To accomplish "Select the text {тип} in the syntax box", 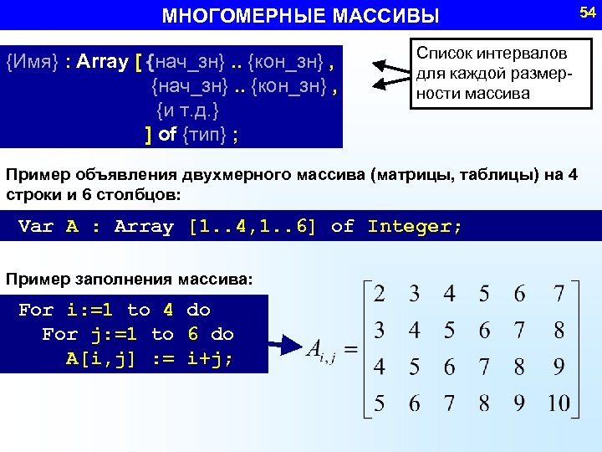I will (206, 135).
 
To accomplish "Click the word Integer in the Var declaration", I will (413, 226).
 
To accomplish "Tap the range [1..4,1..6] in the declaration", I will (253, 226).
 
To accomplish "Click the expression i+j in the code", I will (209, 358).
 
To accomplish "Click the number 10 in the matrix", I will (559, 403).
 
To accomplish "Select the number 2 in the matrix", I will (379, 294).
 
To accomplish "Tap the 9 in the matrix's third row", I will (559, 367).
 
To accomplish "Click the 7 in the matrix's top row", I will (559, 294).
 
